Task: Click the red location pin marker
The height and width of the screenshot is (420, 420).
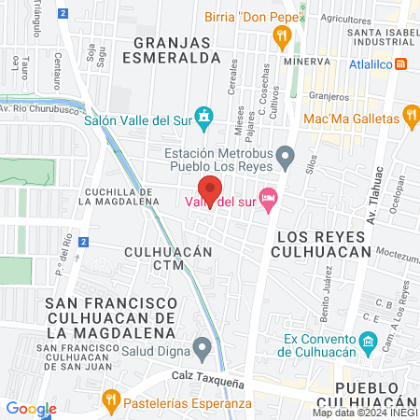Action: click(210, 190)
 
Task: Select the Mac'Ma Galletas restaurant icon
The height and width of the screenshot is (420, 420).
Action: click(409, 115)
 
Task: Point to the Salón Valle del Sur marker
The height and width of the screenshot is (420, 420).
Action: click(207, 115)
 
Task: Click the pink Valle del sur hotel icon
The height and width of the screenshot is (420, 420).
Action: click(269, 197)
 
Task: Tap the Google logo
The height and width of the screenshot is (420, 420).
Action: click(31, 408)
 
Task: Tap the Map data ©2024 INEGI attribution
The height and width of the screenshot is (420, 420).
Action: click(365, 413)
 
